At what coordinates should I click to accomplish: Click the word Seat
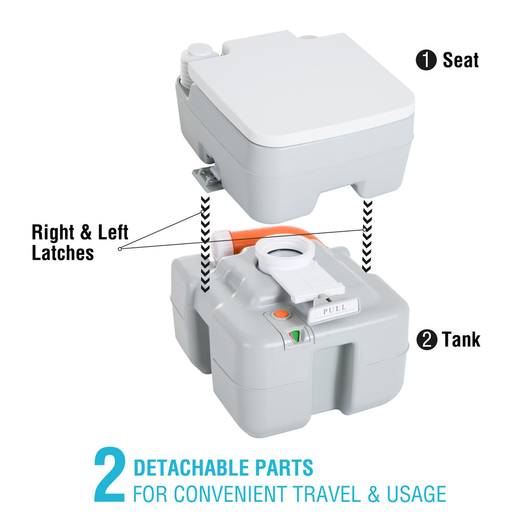(x=461, y=60)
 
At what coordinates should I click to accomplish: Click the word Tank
(x=461, y=340)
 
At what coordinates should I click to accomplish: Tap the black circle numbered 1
(x=425, y=61)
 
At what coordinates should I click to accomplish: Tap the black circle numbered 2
(x=426, y=340)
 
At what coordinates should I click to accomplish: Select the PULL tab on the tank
(x=334, y=309)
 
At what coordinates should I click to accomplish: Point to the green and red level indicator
(x=295, y=336)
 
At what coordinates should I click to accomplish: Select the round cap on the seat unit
(x=199, y=51)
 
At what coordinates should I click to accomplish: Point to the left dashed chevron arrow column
(x=205, y=244)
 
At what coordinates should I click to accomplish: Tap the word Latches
(x=63, y=253)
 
